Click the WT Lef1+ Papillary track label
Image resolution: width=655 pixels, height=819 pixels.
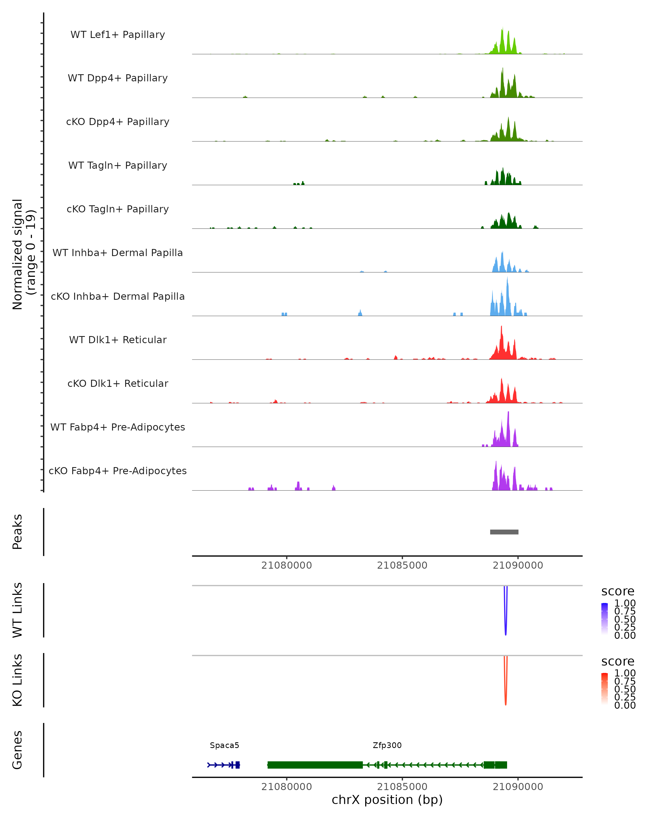[118, 35]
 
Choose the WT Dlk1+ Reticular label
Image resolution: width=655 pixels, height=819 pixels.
[118, 340]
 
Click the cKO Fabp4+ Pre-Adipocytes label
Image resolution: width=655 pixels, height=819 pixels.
[118, 471]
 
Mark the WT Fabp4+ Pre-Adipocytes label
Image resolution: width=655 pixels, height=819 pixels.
[118, 427]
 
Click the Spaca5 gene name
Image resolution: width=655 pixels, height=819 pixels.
[224, 745]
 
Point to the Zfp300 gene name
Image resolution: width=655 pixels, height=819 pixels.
[387, 745]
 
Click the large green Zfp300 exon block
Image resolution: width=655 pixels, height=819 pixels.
[315, 765]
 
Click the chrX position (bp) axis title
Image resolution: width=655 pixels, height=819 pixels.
[387, 800]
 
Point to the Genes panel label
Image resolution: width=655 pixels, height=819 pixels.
[17, 750]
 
